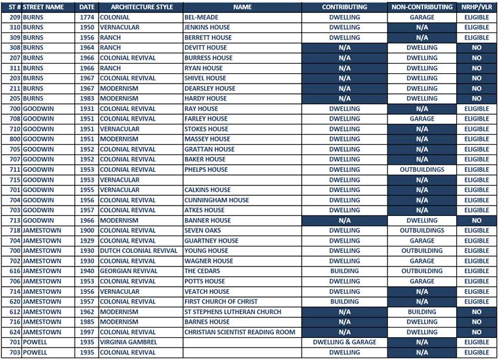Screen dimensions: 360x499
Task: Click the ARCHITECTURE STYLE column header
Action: point(128,7)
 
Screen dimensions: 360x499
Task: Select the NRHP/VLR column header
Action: point(476,7)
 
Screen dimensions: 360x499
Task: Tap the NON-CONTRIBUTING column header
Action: point(422,7)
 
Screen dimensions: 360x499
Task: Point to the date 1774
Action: point(87,18)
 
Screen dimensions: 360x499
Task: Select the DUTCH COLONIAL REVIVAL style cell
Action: point(138,251)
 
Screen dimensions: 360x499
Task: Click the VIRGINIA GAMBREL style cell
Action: point(128,342)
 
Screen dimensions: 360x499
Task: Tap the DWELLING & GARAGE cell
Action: point(345,342)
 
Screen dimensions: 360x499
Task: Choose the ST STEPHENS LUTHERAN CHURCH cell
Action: point(232,312)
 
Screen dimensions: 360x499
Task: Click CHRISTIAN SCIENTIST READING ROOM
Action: point(239,332)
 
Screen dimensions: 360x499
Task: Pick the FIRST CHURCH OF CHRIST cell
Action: point(221,302)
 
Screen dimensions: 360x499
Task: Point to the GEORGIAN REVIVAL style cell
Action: point(128,271)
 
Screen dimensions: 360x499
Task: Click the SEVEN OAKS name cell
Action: point(202,231)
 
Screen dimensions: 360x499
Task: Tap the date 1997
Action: point(87,332)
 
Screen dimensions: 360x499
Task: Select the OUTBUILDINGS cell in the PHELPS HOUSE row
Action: point(422,170)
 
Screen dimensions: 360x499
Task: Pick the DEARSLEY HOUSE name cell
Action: point(210,89)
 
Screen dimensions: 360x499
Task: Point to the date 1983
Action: point(87,99)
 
